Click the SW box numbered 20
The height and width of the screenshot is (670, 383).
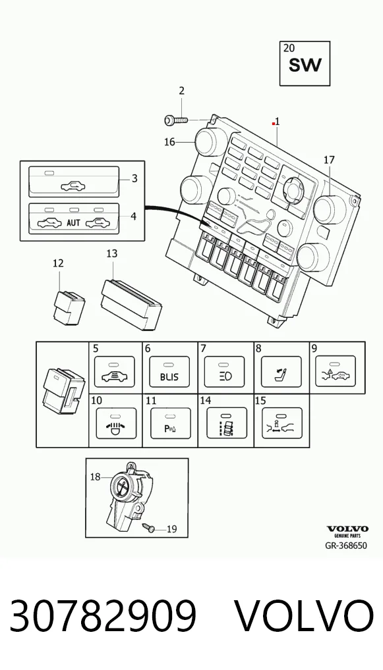pyautogui.click(x=305, y=63)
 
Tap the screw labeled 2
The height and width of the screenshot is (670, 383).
pyautogui.click(x=176, y=120)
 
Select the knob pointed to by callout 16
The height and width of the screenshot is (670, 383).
pyautogui.click(x=207, y=142)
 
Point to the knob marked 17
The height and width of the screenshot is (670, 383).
pyautogui.click(x=330, y=209)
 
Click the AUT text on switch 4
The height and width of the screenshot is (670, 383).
pyautogui.click(x=74, y=223)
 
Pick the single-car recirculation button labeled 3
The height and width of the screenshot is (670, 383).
pyautogui.click(x=74, y=182)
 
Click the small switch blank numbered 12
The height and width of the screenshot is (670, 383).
pyautogui.click(x=69, y=307)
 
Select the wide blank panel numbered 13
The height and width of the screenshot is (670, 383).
pyautogui.click(x=131, y=304)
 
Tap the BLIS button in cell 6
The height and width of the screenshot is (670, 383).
pyautogui.click(x=169, y=371)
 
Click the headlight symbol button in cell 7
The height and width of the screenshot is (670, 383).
pyautogui.click(x=224, y=371)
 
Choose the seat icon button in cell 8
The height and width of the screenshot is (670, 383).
pyautogui.click(x=280, y=371)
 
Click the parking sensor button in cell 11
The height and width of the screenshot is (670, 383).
pyautogui.click(x=170, y=423)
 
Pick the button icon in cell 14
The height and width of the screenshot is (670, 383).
pyautogui.click(x=226, y=423)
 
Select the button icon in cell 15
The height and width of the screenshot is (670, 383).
pyautogui.click(x=282, y=423)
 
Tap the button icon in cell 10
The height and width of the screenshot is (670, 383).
pyautogui.click(x=117, y=423)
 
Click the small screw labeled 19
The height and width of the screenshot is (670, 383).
pyautogui.click(x=150, y=527)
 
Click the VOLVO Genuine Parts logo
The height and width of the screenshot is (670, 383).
pyautogui.click(x=347, y=532)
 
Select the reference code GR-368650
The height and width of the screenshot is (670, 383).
pyautogui.click(x=346, y=546)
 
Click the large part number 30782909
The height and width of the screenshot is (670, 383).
pyautogui.click(x=103, y=616)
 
